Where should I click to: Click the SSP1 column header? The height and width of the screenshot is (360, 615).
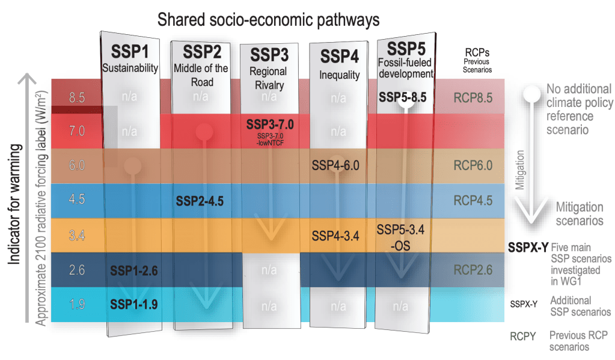(129, 49)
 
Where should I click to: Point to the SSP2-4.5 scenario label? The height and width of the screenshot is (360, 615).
(200, 201)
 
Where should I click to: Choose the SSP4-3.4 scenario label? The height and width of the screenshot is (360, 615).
(335, 236)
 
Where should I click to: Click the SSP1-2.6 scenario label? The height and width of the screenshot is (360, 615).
(133, 270)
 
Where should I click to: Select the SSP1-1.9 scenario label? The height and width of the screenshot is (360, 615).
(133, 305)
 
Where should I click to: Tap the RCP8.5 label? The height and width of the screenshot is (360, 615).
(473, 96)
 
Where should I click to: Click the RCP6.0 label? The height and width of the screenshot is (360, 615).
(473, 165)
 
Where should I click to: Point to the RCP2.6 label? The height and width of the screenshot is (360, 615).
(473, 270)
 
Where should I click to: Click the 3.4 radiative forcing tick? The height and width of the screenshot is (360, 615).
(77, 236)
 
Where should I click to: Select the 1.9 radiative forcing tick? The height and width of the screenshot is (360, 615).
(77, 305)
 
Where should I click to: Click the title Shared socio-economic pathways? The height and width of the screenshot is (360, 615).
(268, 19)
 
